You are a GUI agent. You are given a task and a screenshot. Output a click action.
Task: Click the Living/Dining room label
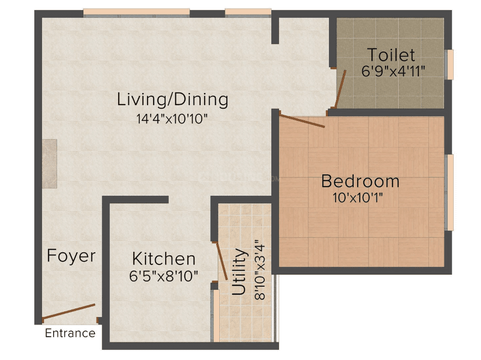point(172,100)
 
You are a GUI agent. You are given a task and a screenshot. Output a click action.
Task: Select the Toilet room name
point(391,55)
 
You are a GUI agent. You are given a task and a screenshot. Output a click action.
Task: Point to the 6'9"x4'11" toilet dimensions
point(393,71)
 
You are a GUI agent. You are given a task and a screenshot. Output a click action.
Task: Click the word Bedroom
point(360,181)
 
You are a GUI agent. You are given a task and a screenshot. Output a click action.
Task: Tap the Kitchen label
point(164,259)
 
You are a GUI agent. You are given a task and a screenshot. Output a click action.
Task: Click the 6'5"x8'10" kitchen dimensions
point(164,276)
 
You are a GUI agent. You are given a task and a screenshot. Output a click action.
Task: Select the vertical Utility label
point(239,272)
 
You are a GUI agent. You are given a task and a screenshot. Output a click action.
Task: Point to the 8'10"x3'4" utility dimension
point(260,269)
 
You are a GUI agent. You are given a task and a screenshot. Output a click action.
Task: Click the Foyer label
point(71,256)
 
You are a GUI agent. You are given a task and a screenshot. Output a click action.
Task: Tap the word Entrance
point(70,333)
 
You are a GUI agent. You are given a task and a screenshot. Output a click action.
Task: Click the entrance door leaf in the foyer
point(68,311)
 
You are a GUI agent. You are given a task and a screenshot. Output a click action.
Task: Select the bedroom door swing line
point(302,121)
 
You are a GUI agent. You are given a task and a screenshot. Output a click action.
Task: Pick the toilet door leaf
point(341,89)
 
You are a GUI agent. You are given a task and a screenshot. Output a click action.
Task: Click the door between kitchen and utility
point(221,261)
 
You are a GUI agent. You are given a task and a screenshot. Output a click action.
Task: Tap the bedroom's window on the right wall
point(450,193)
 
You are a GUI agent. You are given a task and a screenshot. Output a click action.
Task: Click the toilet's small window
point(450,64)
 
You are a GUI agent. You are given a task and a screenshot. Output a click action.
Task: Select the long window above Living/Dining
point(136,13)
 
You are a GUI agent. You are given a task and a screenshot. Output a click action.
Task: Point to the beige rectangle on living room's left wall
point(50,164)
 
